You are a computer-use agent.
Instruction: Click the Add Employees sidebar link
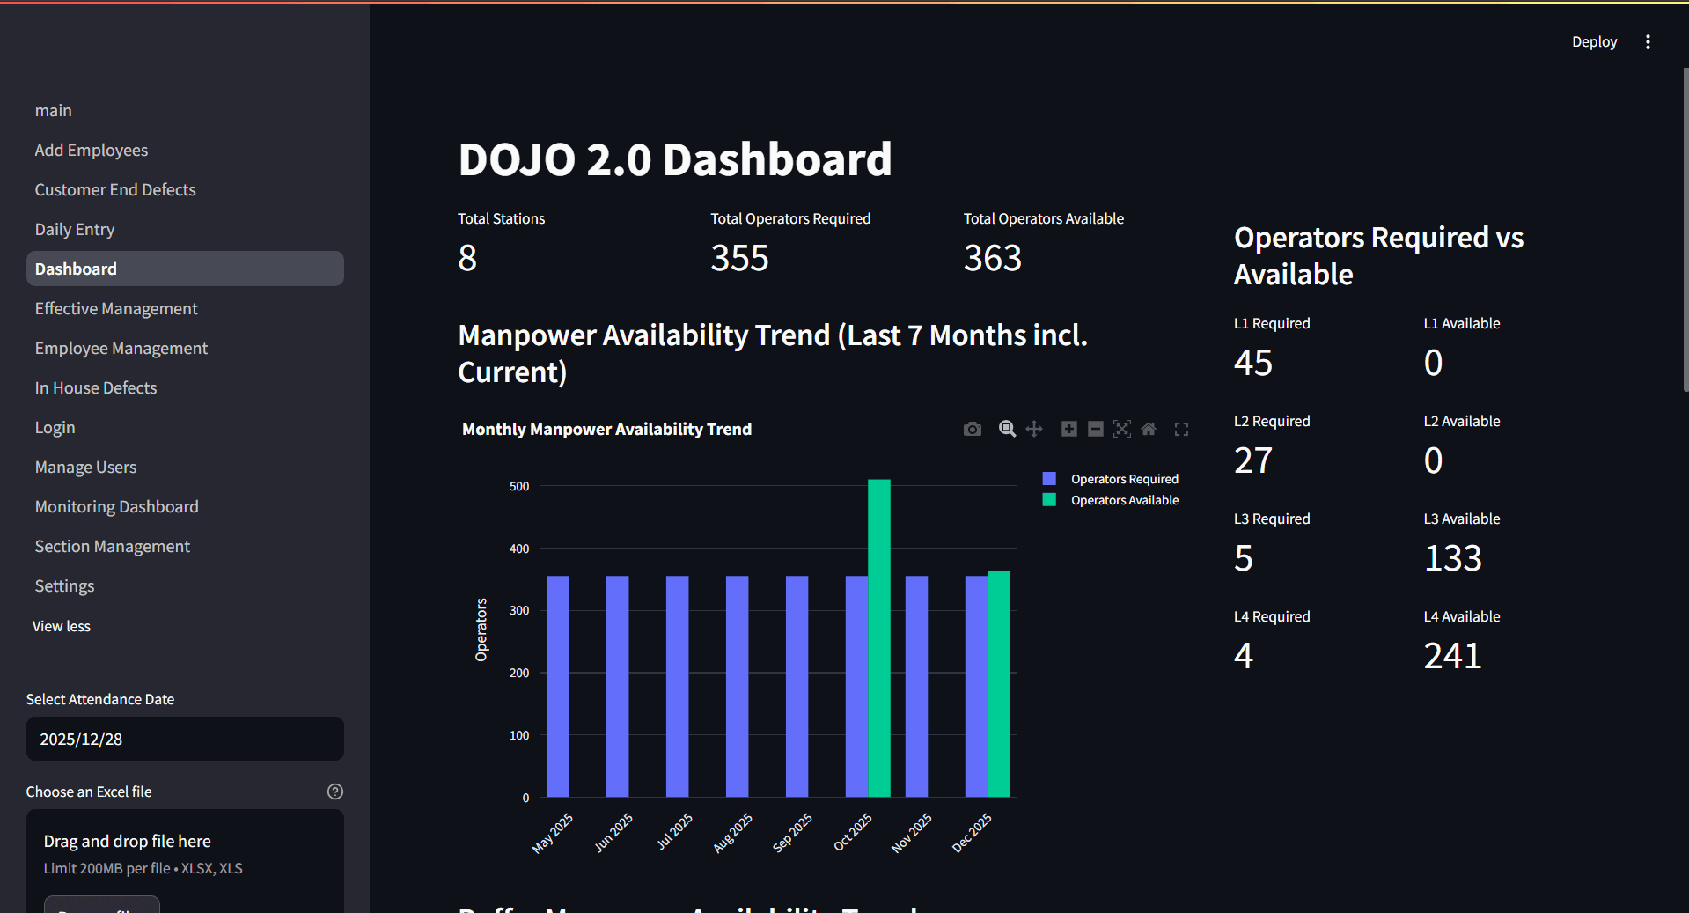coord(92,151)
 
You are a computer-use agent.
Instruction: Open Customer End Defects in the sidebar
coord(115,190)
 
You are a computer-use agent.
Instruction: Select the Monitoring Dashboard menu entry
coord(116,507)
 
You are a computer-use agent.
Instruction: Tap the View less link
coord(62,626)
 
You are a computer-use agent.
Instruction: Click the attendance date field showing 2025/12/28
coord(185,739)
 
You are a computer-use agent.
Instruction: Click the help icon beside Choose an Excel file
coord(335,792)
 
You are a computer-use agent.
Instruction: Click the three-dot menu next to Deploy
coord(1648,42)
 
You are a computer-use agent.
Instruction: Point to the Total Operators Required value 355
coord(739,258)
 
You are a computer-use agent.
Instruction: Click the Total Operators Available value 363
coord(992,258)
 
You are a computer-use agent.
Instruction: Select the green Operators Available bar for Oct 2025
coord(878,638)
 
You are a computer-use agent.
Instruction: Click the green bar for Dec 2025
coord(998,684)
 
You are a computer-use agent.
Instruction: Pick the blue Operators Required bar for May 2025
coord(557,687)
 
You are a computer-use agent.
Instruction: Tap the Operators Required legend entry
coord(1124,479)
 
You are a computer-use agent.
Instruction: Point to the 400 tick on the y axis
coord(519,549)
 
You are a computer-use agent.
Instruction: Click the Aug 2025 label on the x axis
coord(732,833)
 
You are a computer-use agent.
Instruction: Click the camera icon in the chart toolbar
coord(972,429)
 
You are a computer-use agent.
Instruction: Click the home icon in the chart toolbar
coord(1149,429)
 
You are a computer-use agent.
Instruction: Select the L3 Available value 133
coord(1452,558)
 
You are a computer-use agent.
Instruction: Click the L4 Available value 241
coord(1452,656)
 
